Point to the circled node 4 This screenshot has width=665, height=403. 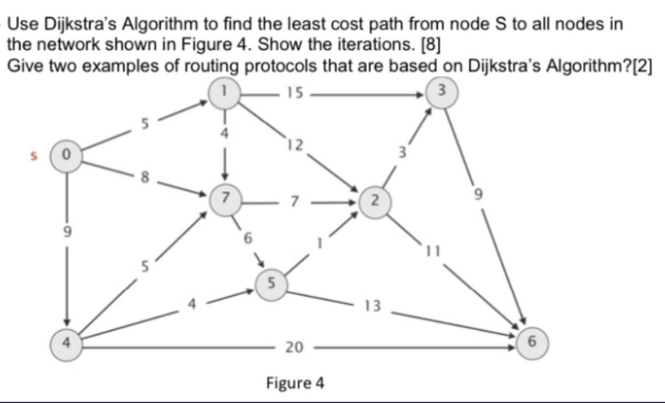click(66, 341)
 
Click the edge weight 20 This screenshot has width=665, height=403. click(293, 348)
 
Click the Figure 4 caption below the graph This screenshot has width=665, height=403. click(295, 383)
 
